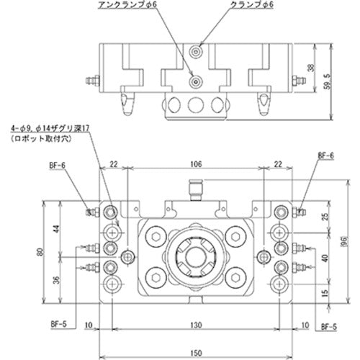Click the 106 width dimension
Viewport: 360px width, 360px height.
pyautogui.click(x=194, y=164)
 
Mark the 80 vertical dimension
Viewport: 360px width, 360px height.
pyautogui.click(x=42, y=252)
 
